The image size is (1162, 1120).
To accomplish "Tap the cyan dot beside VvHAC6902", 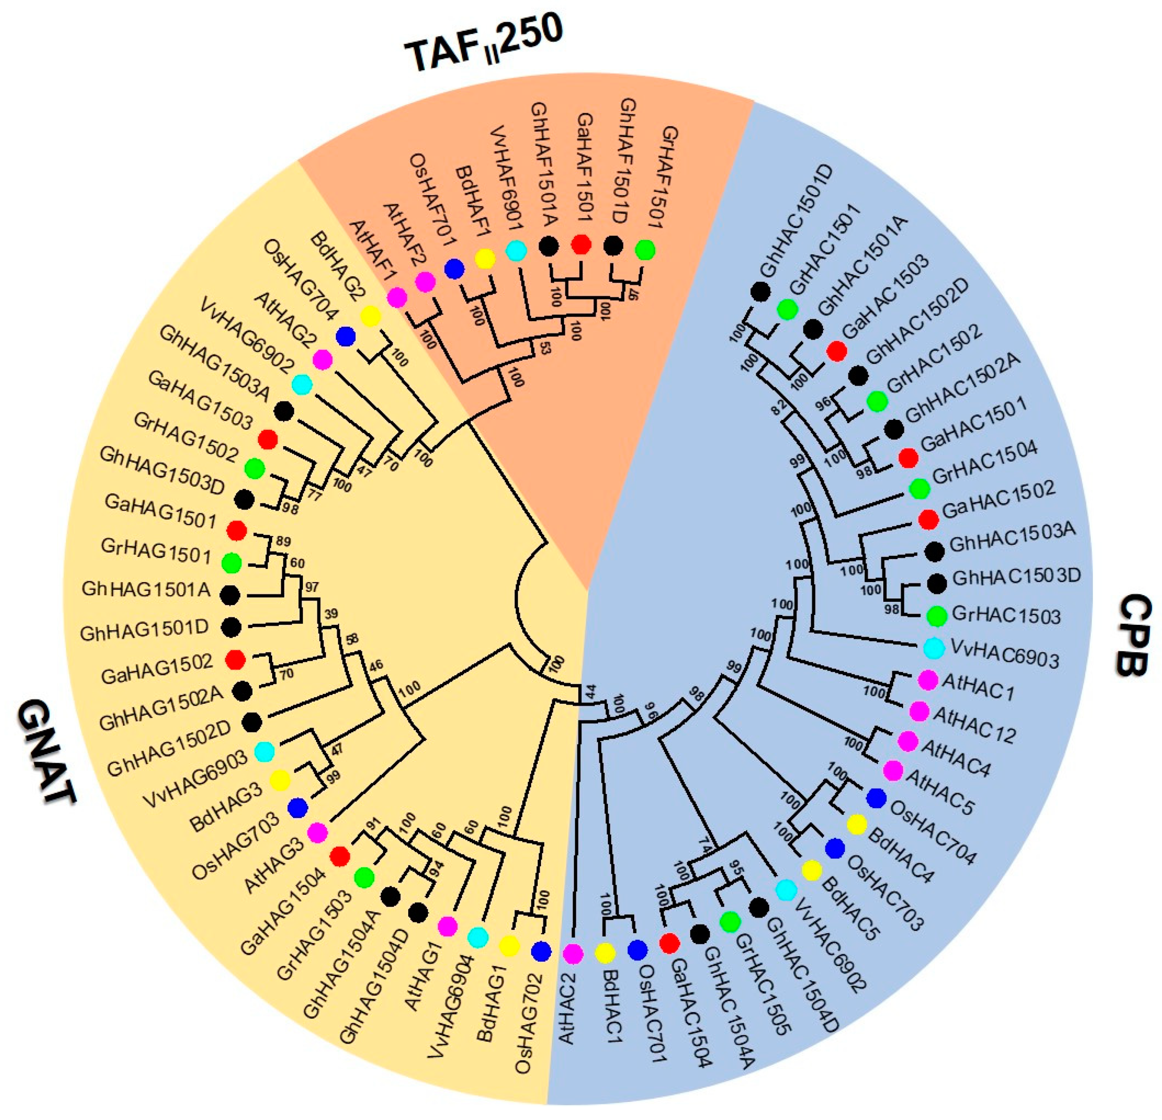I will (786, 890).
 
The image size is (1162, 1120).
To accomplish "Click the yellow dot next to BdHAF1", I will (485, 258).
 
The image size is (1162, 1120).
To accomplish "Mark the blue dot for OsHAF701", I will (454, 270).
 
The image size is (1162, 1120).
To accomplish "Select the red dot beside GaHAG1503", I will (268, 440).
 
